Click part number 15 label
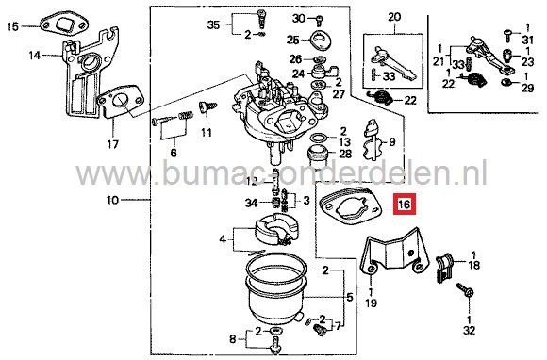coord(12,27)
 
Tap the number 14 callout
coord(35,56)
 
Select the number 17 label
coord(112,145)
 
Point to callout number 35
coord(213,23)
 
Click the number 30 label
coord(299,19)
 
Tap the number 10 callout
coord(112,201)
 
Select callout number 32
coord(470,330)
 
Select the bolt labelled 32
coord(465,294)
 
